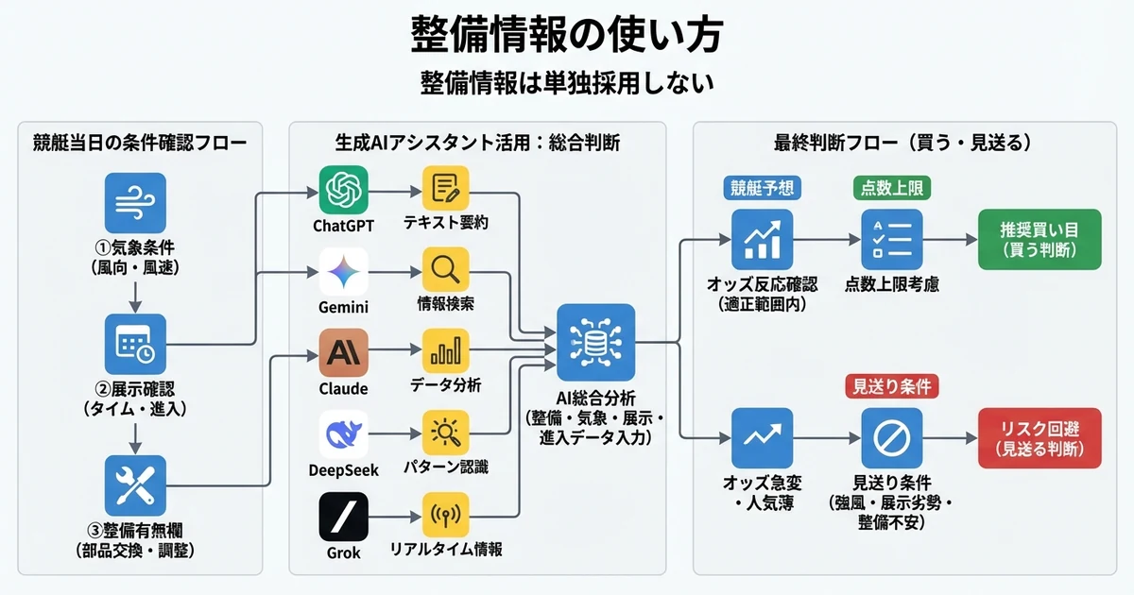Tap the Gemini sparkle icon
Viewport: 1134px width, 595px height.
click(344, 273)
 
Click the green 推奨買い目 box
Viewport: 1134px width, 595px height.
click(1039, 240)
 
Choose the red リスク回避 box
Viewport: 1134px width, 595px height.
click(1039, 438)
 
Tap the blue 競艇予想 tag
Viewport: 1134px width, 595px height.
click(763, 187)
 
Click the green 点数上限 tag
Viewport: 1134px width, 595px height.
click(892, 187)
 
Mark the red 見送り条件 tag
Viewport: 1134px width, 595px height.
click(892, 386)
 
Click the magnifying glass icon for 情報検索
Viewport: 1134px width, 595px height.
click(445, 271)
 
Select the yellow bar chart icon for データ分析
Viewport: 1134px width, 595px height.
click(445, 353)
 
